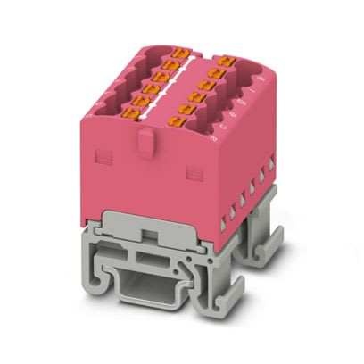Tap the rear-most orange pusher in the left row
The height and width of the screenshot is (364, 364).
pyautogui.click(x=190, y=54)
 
